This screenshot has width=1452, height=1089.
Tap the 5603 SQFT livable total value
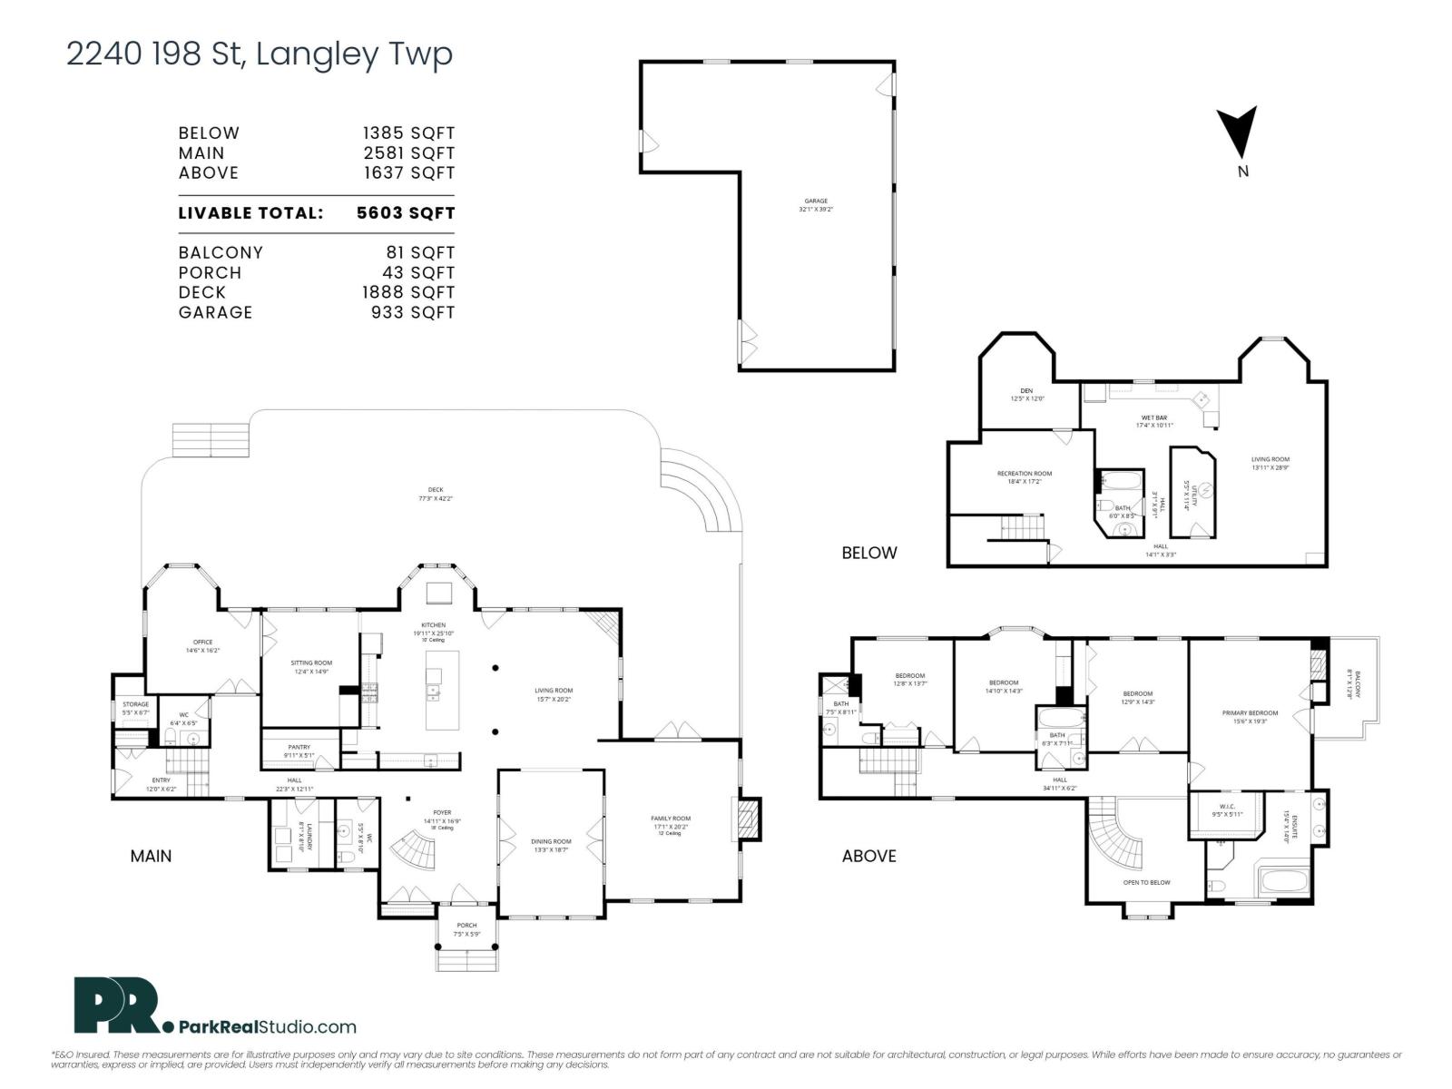[x=406, y=213]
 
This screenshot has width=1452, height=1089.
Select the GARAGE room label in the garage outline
[x=815, y=201]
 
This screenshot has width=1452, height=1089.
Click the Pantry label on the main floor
[x=299, y=747]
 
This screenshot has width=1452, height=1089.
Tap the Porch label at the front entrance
[x=466, y=926]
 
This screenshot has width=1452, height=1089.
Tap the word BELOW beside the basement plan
[x=868, y=553]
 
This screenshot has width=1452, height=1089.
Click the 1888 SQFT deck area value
[x=407, y=292]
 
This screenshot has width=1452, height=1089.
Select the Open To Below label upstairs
[x=1146, y=882]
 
